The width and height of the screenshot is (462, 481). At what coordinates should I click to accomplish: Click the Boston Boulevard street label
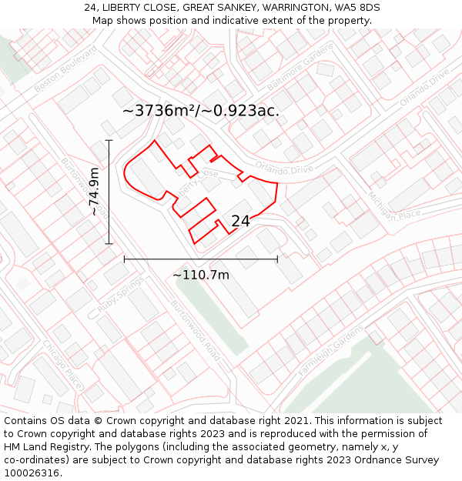[x=66, y=70]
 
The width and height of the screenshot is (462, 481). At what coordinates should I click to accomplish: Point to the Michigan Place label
[x=392, y=203]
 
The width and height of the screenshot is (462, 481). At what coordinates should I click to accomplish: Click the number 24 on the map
[x=240, y=221]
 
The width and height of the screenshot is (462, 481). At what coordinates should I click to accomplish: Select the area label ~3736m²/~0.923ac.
[x=200, y=111]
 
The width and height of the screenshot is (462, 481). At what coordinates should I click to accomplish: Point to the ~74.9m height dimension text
[x=94, y=192]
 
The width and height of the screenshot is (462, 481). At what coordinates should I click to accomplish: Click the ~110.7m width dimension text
[x=200, y=275]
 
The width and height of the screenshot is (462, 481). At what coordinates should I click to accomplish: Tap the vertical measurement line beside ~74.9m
[x=109, y=192]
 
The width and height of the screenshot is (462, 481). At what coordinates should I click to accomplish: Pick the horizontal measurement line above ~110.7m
[x=200, y=259]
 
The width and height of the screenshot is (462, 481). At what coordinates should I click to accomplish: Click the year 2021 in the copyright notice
[x=296, y=421]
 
